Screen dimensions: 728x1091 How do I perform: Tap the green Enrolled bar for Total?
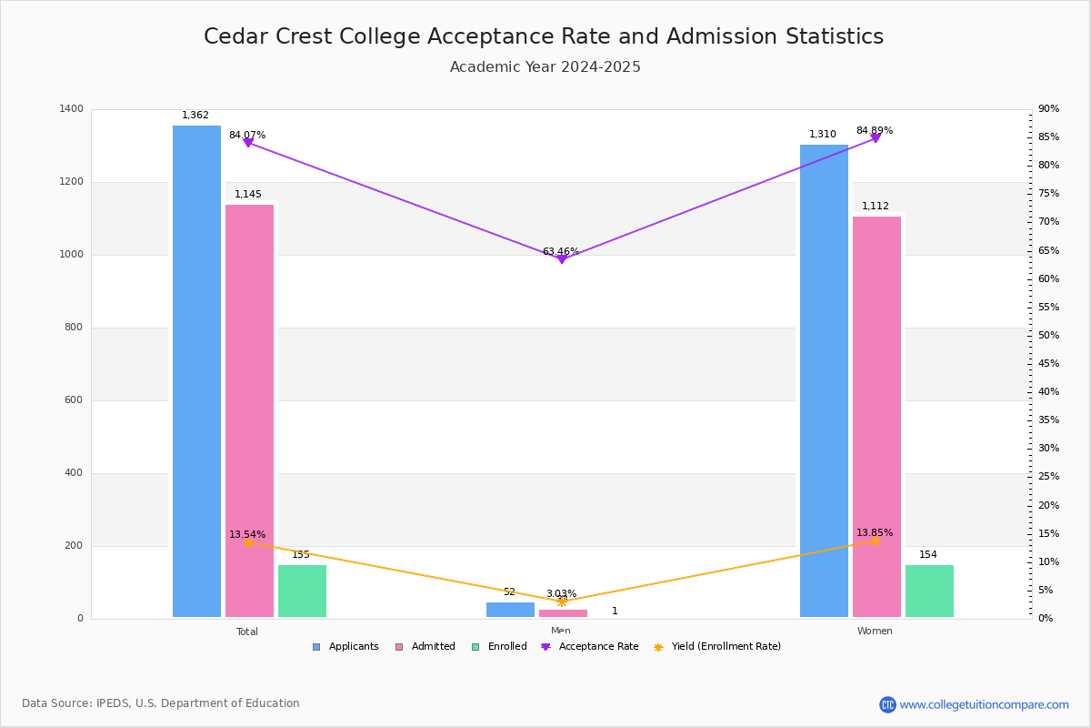pos(302,591)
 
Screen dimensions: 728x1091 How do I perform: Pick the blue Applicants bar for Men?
pos(510,610)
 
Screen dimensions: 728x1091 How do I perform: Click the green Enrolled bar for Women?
pos(929,591)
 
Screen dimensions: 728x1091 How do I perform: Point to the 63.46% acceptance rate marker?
pos(561,259)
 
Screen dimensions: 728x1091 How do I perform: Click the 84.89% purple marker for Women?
pos(876,138)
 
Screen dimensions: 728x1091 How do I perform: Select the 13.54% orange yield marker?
pos(247,542)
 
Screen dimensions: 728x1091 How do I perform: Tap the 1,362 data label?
pos(195,116)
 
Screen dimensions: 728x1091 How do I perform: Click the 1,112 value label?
pos(876,207)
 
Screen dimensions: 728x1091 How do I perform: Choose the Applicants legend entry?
pos(345,647)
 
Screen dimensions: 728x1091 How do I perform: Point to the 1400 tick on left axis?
pos(72,109)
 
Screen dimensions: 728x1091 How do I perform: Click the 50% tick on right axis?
pos(1048,336)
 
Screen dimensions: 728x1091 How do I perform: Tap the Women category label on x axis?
pos(875,632)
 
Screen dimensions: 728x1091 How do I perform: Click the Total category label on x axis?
pos(247,632)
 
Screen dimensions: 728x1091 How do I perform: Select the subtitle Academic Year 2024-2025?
pos(545,67)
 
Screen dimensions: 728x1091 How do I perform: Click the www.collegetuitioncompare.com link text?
pos(984,704)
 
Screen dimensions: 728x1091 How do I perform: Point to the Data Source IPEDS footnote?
pos(161,703)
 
